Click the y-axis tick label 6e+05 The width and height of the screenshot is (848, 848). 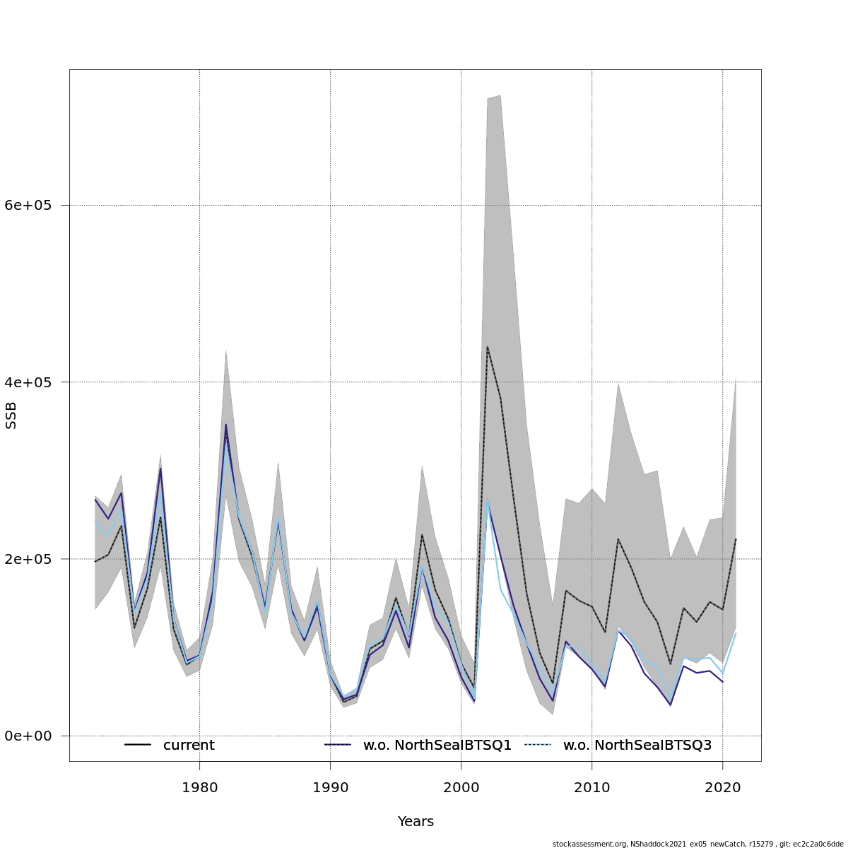[x=28, y=205]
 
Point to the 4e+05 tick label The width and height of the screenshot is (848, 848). [x=28, y=382]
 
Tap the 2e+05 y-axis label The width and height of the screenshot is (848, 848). [x=28, y=559]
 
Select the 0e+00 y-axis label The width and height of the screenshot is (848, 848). [x=28, y=736]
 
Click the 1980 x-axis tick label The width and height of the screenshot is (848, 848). [x=199, y=787]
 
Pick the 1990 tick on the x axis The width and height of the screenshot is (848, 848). [x=330, y=787]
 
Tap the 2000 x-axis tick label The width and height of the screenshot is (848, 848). [x=461, y=787]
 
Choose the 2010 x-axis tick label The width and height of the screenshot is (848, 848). [x=591, y=787]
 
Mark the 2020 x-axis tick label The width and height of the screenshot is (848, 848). [x=722, y=787]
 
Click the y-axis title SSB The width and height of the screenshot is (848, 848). [x=11, y=416]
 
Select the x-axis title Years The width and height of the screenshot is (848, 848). [x=416, y=821]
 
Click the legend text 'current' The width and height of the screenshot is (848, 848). [x=189, y=745]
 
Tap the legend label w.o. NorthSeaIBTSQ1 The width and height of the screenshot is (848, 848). [x=437, y=745]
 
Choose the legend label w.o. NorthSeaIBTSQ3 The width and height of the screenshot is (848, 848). [x=637, y=745]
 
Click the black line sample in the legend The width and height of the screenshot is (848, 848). [x=138, y=745]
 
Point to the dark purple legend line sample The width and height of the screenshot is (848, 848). [x=338, y=745]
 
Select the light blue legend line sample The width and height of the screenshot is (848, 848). [x=538, y=745]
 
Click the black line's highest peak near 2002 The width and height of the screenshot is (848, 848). [x=488, y=347]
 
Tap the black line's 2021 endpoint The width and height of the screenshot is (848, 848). [x=736, y=539]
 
